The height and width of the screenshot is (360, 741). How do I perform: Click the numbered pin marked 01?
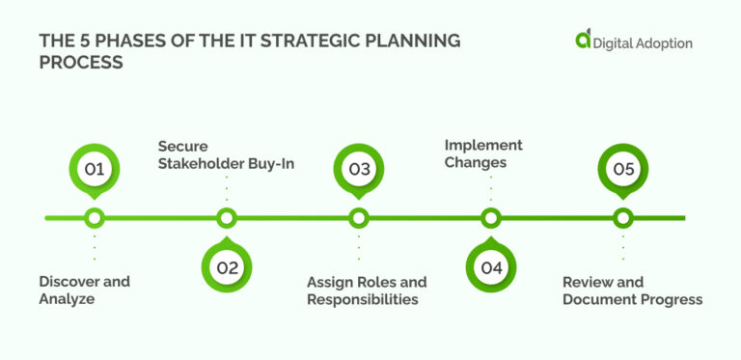pyautogui.click(x=94, y=170)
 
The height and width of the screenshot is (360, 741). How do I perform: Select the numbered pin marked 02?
pyautogui.click(x=227, y=267)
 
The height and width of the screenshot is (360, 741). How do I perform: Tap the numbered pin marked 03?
pyautogui.click(x=359, y=170)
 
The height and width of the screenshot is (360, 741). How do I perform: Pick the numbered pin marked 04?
pyautogui.click(x=491, y=267)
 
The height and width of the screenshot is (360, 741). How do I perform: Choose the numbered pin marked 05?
pyautogui.click(x=623, y=170)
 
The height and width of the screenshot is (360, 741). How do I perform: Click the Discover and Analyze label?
pyautogui.click(x=84, y=291)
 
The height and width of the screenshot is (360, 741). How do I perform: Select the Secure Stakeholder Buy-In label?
pyautogui.click(x=226, y=154)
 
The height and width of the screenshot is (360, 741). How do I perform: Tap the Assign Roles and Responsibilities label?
pyautogui.click(x=367, y=291)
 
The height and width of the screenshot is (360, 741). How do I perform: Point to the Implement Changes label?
pyautogui.click(x=483, y=153)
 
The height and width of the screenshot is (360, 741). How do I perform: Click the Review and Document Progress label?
pyautogui.click(x=632, y=291)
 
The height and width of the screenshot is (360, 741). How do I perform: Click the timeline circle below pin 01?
pyautogui.click(x=94, y=218)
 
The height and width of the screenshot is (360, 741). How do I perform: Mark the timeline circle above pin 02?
pyautogui.click(x=227, y=218)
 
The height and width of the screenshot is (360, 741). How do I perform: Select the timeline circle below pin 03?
pyautogui.click(x=359, y=218)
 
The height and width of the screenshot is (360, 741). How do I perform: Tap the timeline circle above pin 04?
pyautogui.click(x=491, y=218)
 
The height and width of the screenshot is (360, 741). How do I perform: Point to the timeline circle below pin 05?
pyautogui.click(x=623, y=218)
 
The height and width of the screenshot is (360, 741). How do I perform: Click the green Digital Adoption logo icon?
pyautogui.click(x=583, y=40)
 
